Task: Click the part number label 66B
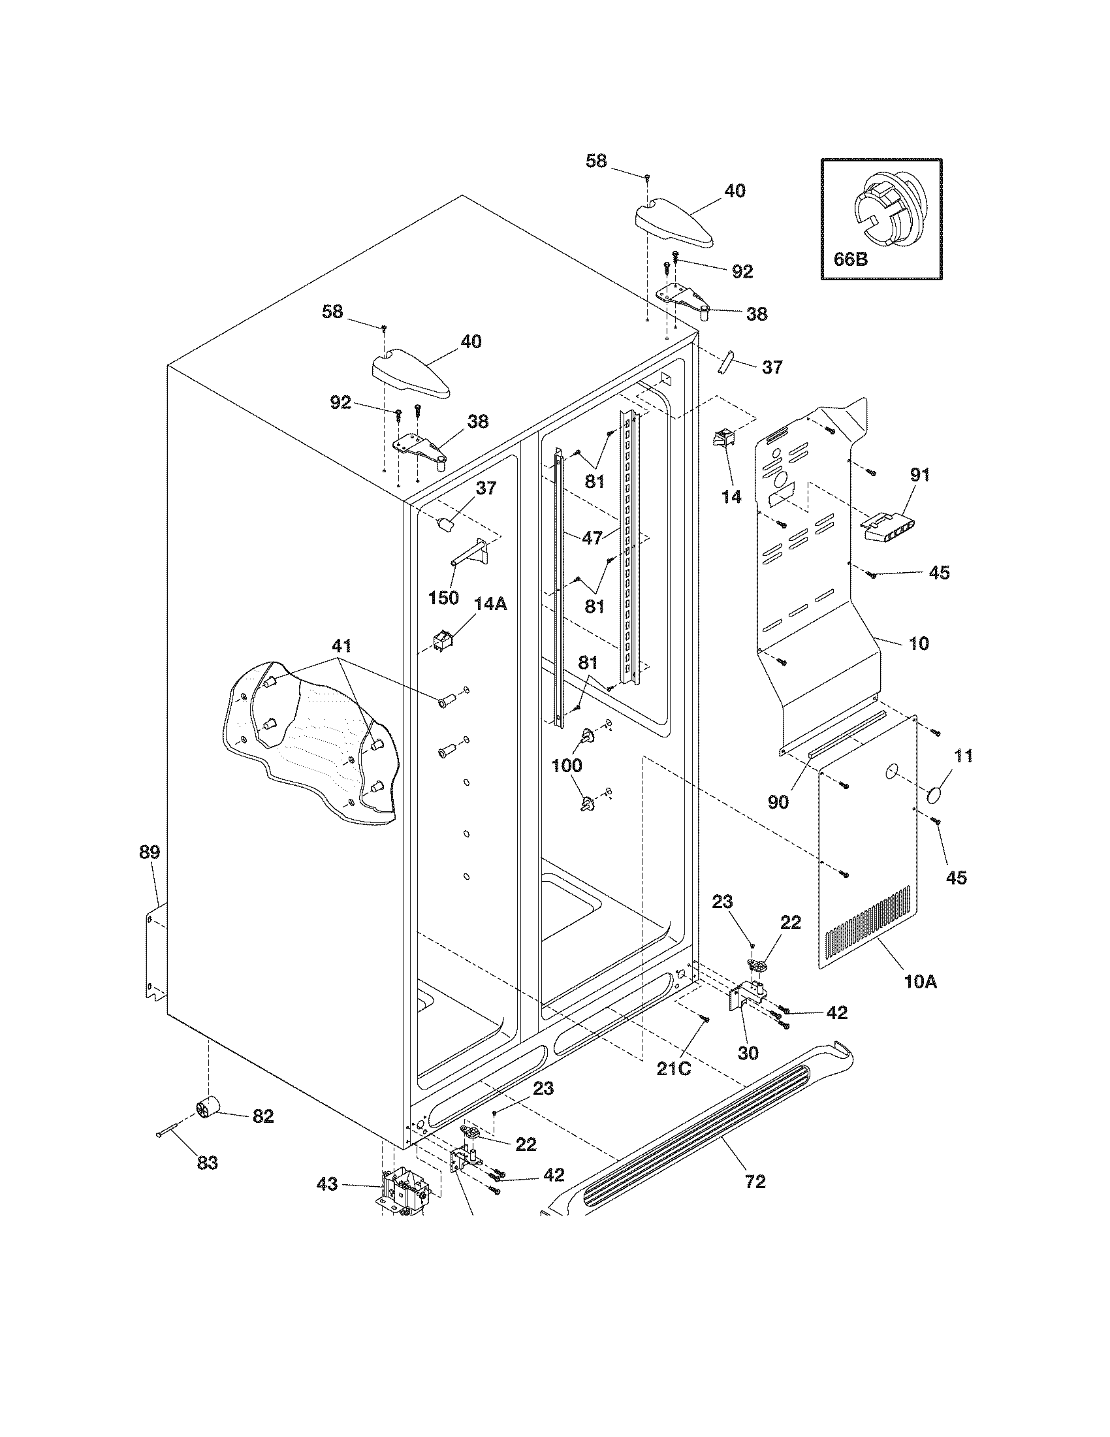pos(850,259)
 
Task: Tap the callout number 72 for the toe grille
pos(755,1182)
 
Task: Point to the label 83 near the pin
pos(207,1163)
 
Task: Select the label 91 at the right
pos(919,474)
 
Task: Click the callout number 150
pos(443,598)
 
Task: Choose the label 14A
pos(491,604)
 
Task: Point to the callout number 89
pos(149,852)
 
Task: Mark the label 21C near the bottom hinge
pos(674,1069)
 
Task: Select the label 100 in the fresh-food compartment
pos(566,766)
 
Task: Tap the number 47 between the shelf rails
pos(592,538)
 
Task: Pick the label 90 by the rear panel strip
pos(778,802)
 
